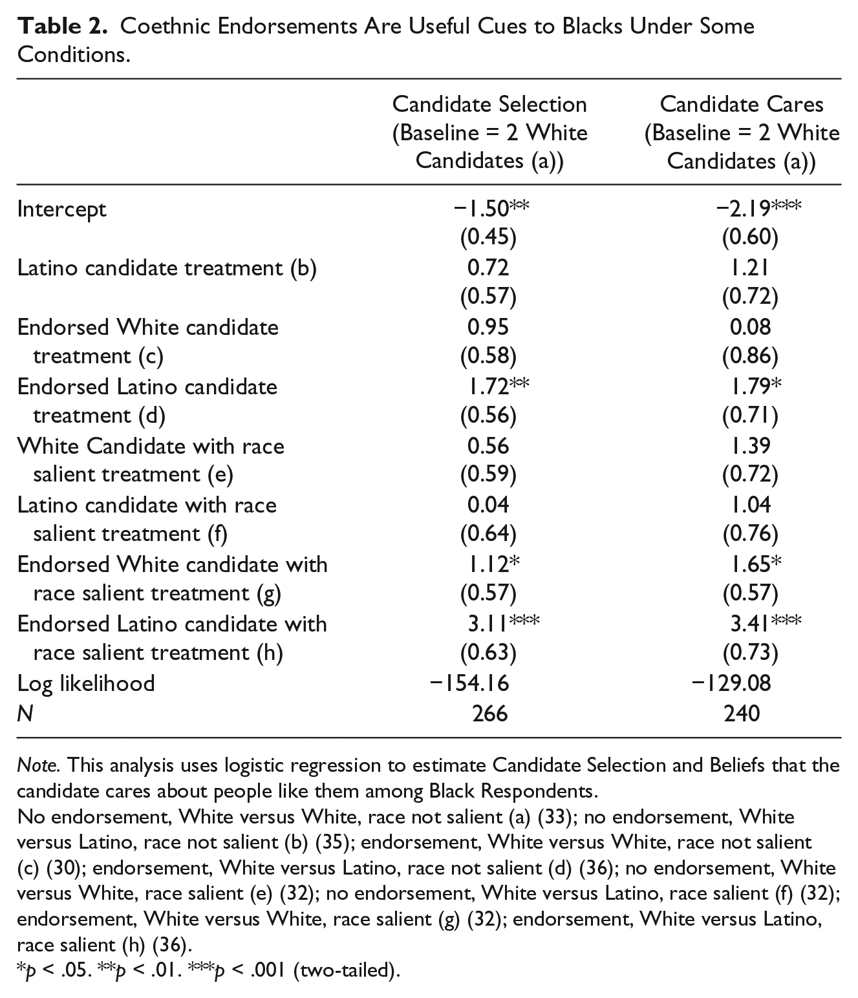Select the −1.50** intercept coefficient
pos(491,209)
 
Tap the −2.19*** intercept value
pos(758,209)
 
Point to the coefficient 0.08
pos(750,327)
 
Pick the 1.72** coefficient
pos(498,387)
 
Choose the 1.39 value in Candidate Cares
pos(750,446)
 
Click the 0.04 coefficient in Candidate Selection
pos(488,505)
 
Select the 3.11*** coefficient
pos(503,624)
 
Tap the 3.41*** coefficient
pos(766,624)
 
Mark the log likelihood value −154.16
pos(469,683)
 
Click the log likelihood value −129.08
pos(731,683)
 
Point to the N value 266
pos(490,714)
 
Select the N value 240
pos(742,714)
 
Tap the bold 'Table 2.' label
pos(62,27)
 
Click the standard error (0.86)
pos(750,356)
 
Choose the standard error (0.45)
pos(488,237)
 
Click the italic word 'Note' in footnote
pos(38,765)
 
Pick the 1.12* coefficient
pos(493,564)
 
